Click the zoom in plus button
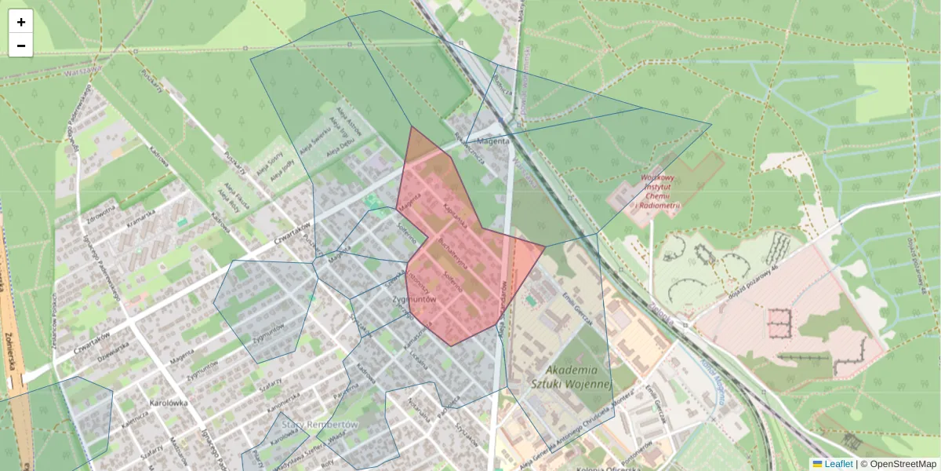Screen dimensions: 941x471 tap(21, 22)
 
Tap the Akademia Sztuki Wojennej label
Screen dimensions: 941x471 tap(570, 377)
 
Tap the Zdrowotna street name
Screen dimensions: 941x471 tap(102, 213)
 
